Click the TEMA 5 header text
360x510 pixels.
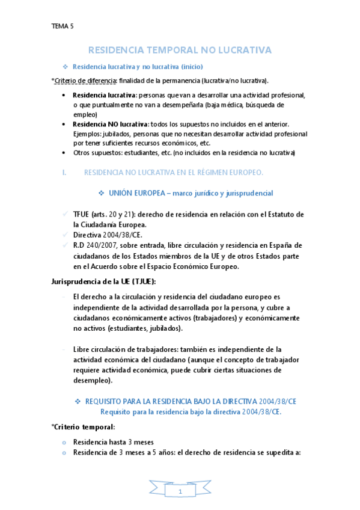tap(63, 26)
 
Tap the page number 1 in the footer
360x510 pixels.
tap(180, 493)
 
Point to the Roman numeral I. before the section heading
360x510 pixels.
tap(64, 173)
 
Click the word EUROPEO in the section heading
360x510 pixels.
tap(243, 173)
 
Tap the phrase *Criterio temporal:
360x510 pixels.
tap(83, 426)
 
